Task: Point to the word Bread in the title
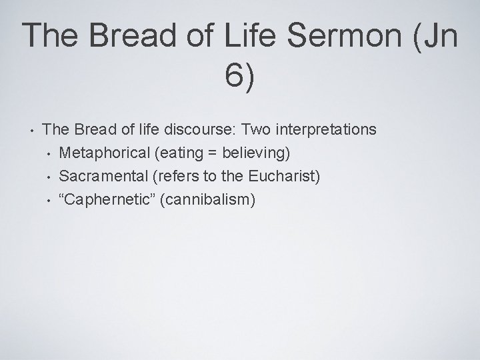126,36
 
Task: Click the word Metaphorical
103,153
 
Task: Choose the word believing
253,153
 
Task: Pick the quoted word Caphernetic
105,199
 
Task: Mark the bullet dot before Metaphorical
48,153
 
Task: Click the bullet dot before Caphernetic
48,200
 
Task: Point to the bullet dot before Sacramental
48,177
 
